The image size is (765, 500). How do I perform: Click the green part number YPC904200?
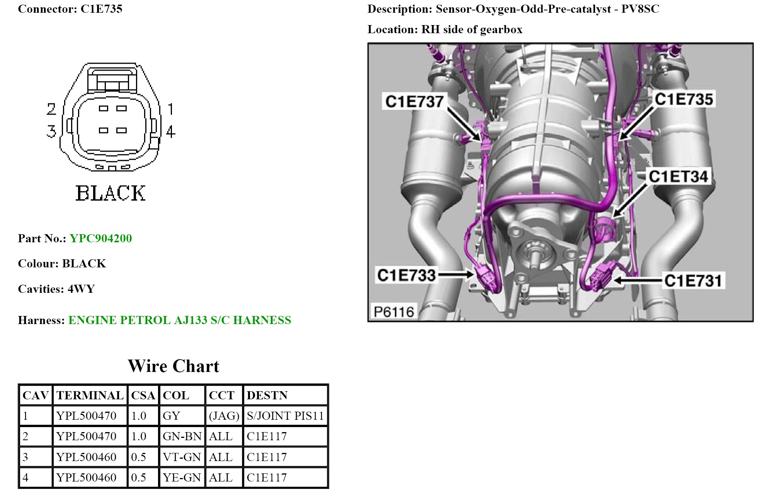pos(101,238)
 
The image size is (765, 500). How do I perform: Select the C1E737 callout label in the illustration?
pos(414,101)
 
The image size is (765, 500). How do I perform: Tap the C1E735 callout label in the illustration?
pos(683,99)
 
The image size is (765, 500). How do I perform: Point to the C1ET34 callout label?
pos(678,177)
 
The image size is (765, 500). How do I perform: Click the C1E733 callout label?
pos(406,275)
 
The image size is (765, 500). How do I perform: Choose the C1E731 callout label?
pos(693,281)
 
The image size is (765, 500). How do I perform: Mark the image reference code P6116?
pos(394,311)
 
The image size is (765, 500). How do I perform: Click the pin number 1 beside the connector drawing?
pos(170,109)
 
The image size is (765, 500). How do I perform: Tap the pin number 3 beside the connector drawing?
pos(51,131)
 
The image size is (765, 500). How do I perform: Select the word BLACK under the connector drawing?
pos(110,193)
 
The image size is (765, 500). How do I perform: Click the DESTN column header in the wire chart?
pos(267,395)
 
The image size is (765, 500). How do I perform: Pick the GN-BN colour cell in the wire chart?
pos(182,436)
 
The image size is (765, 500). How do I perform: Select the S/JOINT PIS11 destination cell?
pos(285,416)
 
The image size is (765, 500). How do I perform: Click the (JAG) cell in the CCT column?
pos(224,416)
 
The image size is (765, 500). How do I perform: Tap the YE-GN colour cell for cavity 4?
pos(182,478)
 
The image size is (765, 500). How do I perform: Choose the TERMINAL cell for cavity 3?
pos(86,457)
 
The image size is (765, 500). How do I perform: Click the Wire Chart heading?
pos(173,366)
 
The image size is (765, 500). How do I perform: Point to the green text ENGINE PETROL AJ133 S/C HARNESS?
pos(180,320)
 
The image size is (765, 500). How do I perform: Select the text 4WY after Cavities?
pos(81,289)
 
